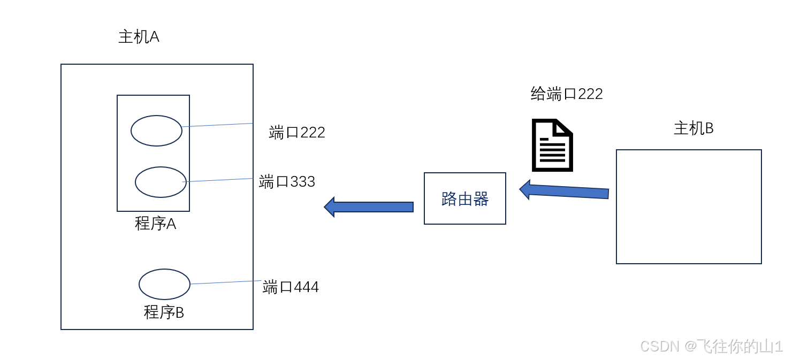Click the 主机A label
139,37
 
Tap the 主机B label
693,128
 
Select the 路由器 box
464,198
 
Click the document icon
552,145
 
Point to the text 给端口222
567,94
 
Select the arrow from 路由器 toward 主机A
369,206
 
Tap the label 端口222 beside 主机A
297,132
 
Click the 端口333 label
287,182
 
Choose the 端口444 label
291,287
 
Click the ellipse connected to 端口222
156,131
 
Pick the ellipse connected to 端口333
161,182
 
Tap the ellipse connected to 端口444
164,284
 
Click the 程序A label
155,224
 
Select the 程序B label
164,312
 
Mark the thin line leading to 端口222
217,125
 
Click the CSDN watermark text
711,346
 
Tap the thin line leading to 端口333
219,180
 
